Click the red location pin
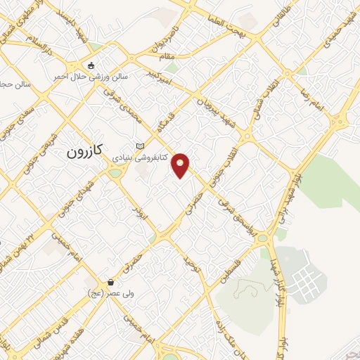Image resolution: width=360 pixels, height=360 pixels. (x=181, y=165)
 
